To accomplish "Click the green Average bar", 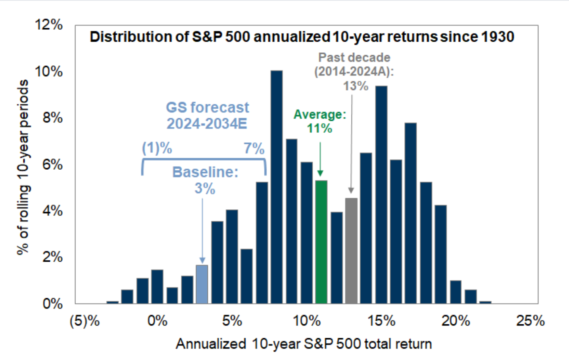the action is (321, 242).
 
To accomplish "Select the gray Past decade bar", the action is (351, 251).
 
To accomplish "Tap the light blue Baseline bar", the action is (202, 284).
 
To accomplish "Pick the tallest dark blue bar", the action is (277, 187).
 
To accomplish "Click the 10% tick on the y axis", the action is (49, 71).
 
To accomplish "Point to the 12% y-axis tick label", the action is (49, 25).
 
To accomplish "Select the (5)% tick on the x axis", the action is (85, 321).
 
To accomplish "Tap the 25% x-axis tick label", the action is (531, 321).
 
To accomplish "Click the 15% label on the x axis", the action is (382, 321).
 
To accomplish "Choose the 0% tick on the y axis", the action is (53, 304).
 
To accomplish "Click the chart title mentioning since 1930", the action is (302, 37).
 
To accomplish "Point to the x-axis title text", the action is (304, 344).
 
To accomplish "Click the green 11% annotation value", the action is (319, 128).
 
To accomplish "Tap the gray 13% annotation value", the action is (356, 86).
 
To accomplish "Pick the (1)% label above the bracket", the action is (157, 148).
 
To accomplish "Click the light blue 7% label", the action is (254, 148).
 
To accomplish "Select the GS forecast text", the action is (208, 107).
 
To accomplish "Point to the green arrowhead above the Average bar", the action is (320, 173).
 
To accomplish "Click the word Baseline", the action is (206, 172).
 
